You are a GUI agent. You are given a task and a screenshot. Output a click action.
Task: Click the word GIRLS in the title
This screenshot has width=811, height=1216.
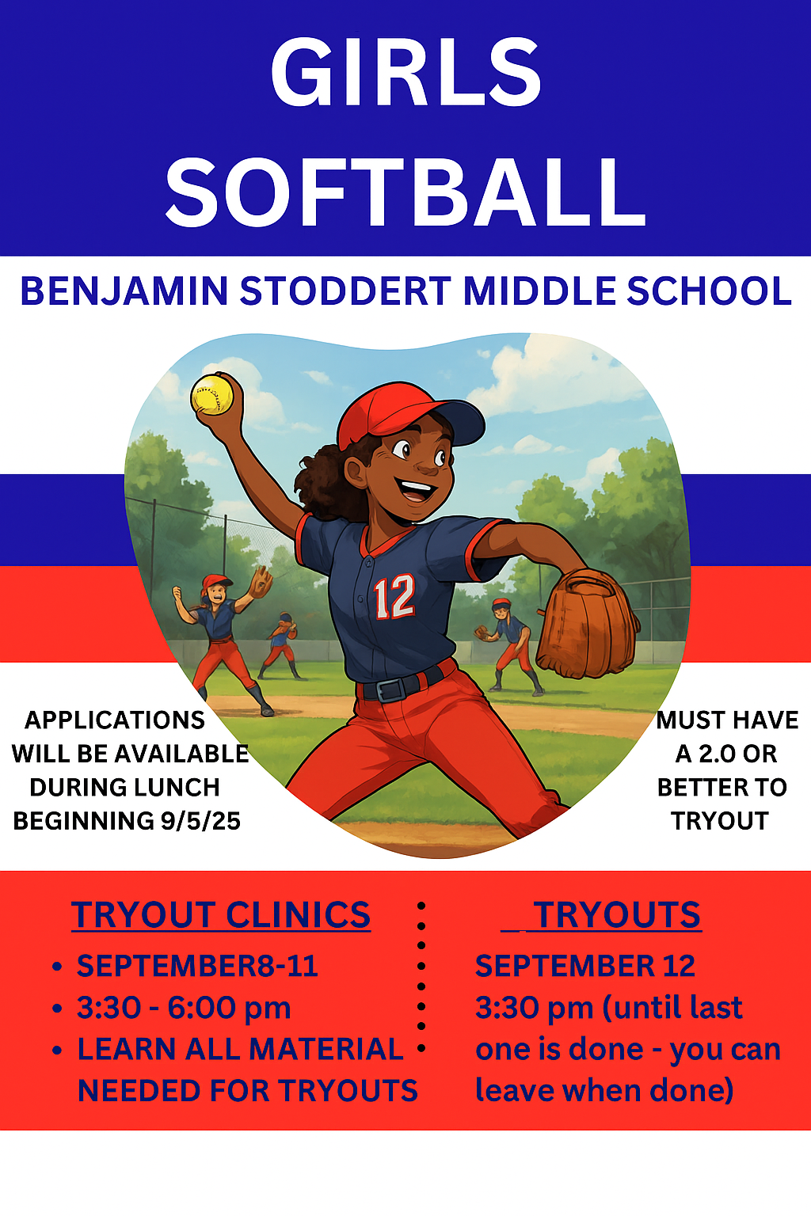[405, 72]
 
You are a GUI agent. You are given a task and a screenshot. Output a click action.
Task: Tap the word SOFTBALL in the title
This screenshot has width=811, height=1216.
[405, 192]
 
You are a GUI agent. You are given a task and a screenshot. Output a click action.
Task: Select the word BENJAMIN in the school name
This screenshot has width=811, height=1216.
[124, 291]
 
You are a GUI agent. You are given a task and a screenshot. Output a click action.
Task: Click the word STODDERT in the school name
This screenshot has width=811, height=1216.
[345, 291]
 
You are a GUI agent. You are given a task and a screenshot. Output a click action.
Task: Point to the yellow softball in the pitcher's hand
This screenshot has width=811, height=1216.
[213, 393]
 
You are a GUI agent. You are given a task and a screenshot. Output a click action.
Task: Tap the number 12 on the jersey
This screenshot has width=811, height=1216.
[394, 597]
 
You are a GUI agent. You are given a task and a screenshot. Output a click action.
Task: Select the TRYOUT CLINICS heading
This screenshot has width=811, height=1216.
[221, 915]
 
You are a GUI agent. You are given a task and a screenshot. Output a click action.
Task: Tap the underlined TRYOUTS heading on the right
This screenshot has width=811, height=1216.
[616, 915]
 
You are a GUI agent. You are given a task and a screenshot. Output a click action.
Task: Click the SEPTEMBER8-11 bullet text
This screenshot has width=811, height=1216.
[197, 966]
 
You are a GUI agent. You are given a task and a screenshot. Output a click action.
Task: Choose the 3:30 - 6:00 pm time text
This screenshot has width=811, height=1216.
[184, 1008]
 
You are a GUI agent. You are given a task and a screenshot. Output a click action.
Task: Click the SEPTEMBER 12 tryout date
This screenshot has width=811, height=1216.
[585, 966]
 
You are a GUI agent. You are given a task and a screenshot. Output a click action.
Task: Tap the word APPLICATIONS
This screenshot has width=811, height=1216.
[115, 720]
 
